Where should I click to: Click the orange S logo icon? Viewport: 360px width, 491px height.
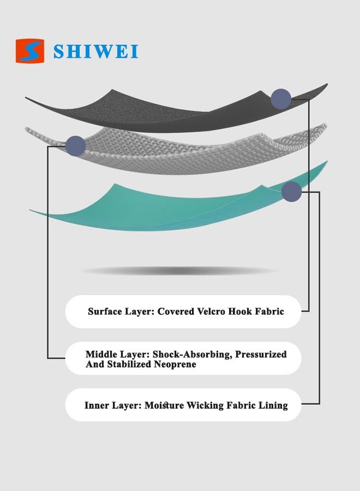click(x=30, y=51)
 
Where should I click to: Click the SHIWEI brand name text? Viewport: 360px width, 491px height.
click(x=96, y=51)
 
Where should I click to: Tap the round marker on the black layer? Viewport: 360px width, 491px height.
click(x=281, y=99)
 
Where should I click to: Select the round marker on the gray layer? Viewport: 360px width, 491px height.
click(x=75, y=146)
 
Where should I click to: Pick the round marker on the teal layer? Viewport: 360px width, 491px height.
click(x=291, y=191)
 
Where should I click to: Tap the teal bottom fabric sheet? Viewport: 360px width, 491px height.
click(x=175, y=207)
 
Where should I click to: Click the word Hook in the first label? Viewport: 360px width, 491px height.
click(x=239, y=312)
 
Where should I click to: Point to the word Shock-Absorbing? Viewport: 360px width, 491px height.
click(x=192, y=355)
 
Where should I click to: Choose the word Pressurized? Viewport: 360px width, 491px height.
click(x=261, y=355)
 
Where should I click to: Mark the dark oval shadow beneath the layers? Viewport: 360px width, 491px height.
click(x=179, y=271)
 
